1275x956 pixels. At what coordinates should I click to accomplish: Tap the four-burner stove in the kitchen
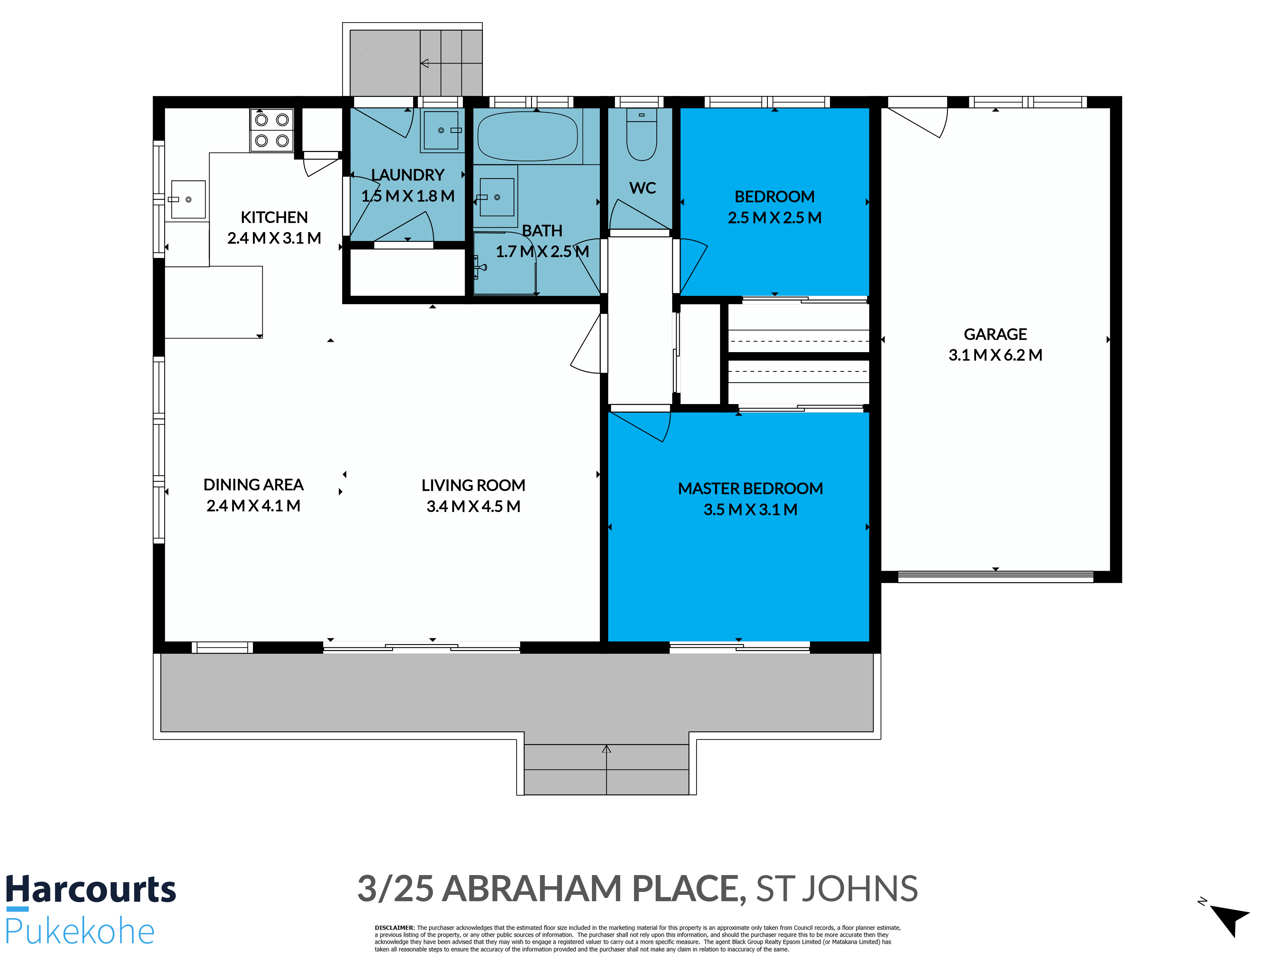[272, 130]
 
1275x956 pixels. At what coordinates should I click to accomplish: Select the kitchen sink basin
[188, 199]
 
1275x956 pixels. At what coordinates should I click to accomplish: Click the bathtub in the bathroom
[528, 136]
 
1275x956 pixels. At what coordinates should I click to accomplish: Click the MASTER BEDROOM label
[750, 489]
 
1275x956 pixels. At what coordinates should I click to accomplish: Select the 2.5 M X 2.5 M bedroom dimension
[774, 218]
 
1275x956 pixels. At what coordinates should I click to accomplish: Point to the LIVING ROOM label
[473, 485]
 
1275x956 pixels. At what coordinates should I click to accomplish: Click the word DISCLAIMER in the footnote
[394, 928]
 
